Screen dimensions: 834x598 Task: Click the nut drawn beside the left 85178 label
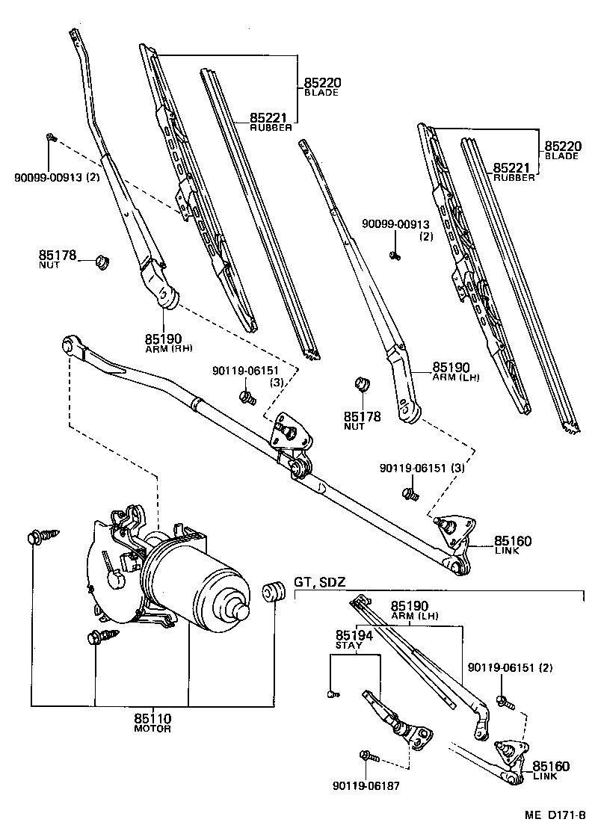click(104, 262)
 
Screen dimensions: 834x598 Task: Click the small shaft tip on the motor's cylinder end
click(241, 609)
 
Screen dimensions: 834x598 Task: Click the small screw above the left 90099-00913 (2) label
click(50, 137)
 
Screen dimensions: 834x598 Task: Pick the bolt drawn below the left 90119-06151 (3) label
click(245, 395)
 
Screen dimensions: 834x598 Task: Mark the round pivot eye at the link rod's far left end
click(73, 345)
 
